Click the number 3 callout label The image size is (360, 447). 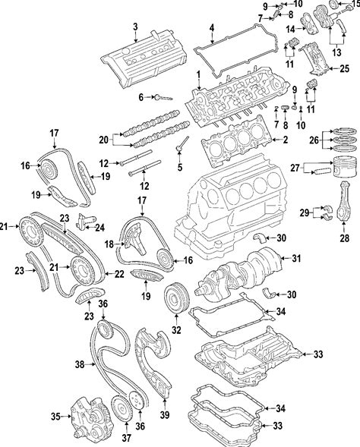135,27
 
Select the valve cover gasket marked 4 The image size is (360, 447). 235,49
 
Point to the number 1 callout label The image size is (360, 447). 198,75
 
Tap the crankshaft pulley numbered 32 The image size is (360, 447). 176,297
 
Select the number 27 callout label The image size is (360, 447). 295,168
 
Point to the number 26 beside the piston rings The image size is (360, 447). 314,140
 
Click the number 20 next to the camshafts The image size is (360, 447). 104,140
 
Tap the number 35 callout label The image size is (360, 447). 56,417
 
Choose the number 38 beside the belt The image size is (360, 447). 80,364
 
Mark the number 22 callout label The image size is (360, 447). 119,274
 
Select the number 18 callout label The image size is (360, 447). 109,244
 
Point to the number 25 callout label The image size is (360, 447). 345,69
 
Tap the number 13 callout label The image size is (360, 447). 336,52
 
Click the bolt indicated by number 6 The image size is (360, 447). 163,98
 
